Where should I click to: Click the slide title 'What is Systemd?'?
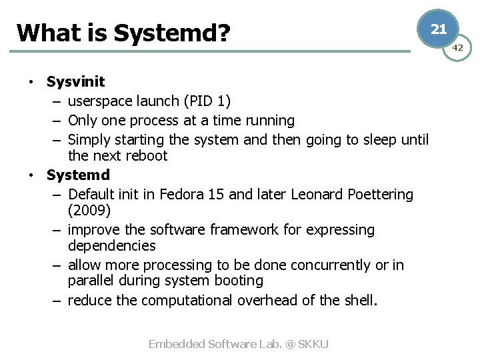tap(122, 32)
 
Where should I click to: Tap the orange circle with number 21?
tap(438, 29)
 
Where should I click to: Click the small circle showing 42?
tap(458, 48)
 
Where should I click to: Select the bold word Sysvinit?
tap(75, 82)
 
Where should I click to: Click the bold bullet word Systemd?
tap(78, 175)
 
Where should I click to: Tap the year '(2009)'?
tap(90, 210)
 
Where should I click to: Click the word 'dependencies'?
tap(111, 246)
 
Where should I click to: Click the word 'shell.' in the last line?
tap(360, 300)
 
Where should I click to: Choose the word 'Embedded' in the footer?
tap(176, 344)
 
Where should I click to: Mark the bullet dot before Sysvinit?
tap(31, 82)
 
